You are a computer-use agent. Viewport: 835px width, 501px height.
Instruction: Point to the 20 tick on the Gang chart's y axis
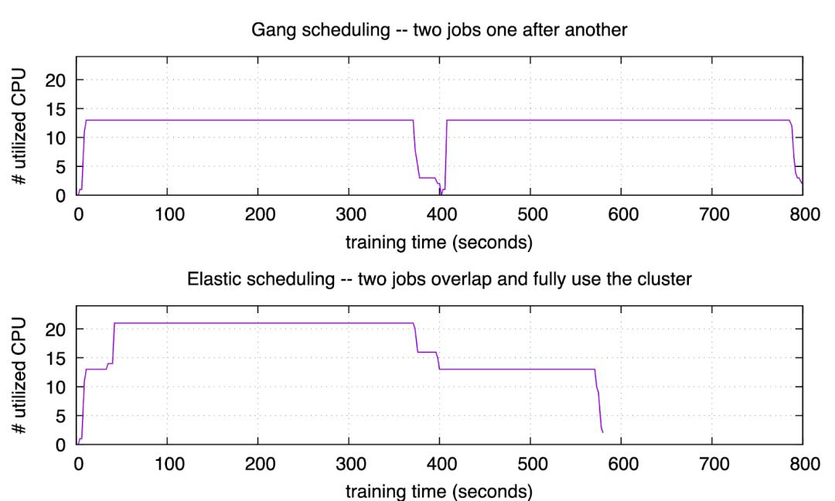tap(57, 80)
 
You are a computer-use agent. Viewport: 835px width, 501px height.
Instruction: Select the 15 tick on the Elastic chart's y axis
tap(57, 358)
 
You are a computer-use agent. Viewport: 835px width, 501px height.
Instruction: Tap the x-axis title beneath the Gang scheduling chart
tap(438, 242)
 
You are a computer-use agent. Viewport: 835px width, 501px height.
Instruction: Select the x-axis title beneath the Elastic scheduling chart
tap(438, 491)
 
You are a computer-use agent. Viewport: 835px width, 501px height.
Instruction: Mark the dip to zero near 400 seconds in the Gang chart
tap(441, 194)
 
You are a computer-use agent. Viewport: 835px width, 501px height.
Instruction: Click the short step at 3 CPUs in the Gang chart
tap(427, 178)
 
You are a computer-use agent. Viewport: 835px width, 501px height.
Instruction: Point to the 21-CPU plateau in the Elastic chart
tap(263, 323)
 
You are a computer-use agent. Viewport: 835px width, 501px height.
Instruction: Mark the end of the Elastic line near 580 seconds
tap(602, 431)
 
